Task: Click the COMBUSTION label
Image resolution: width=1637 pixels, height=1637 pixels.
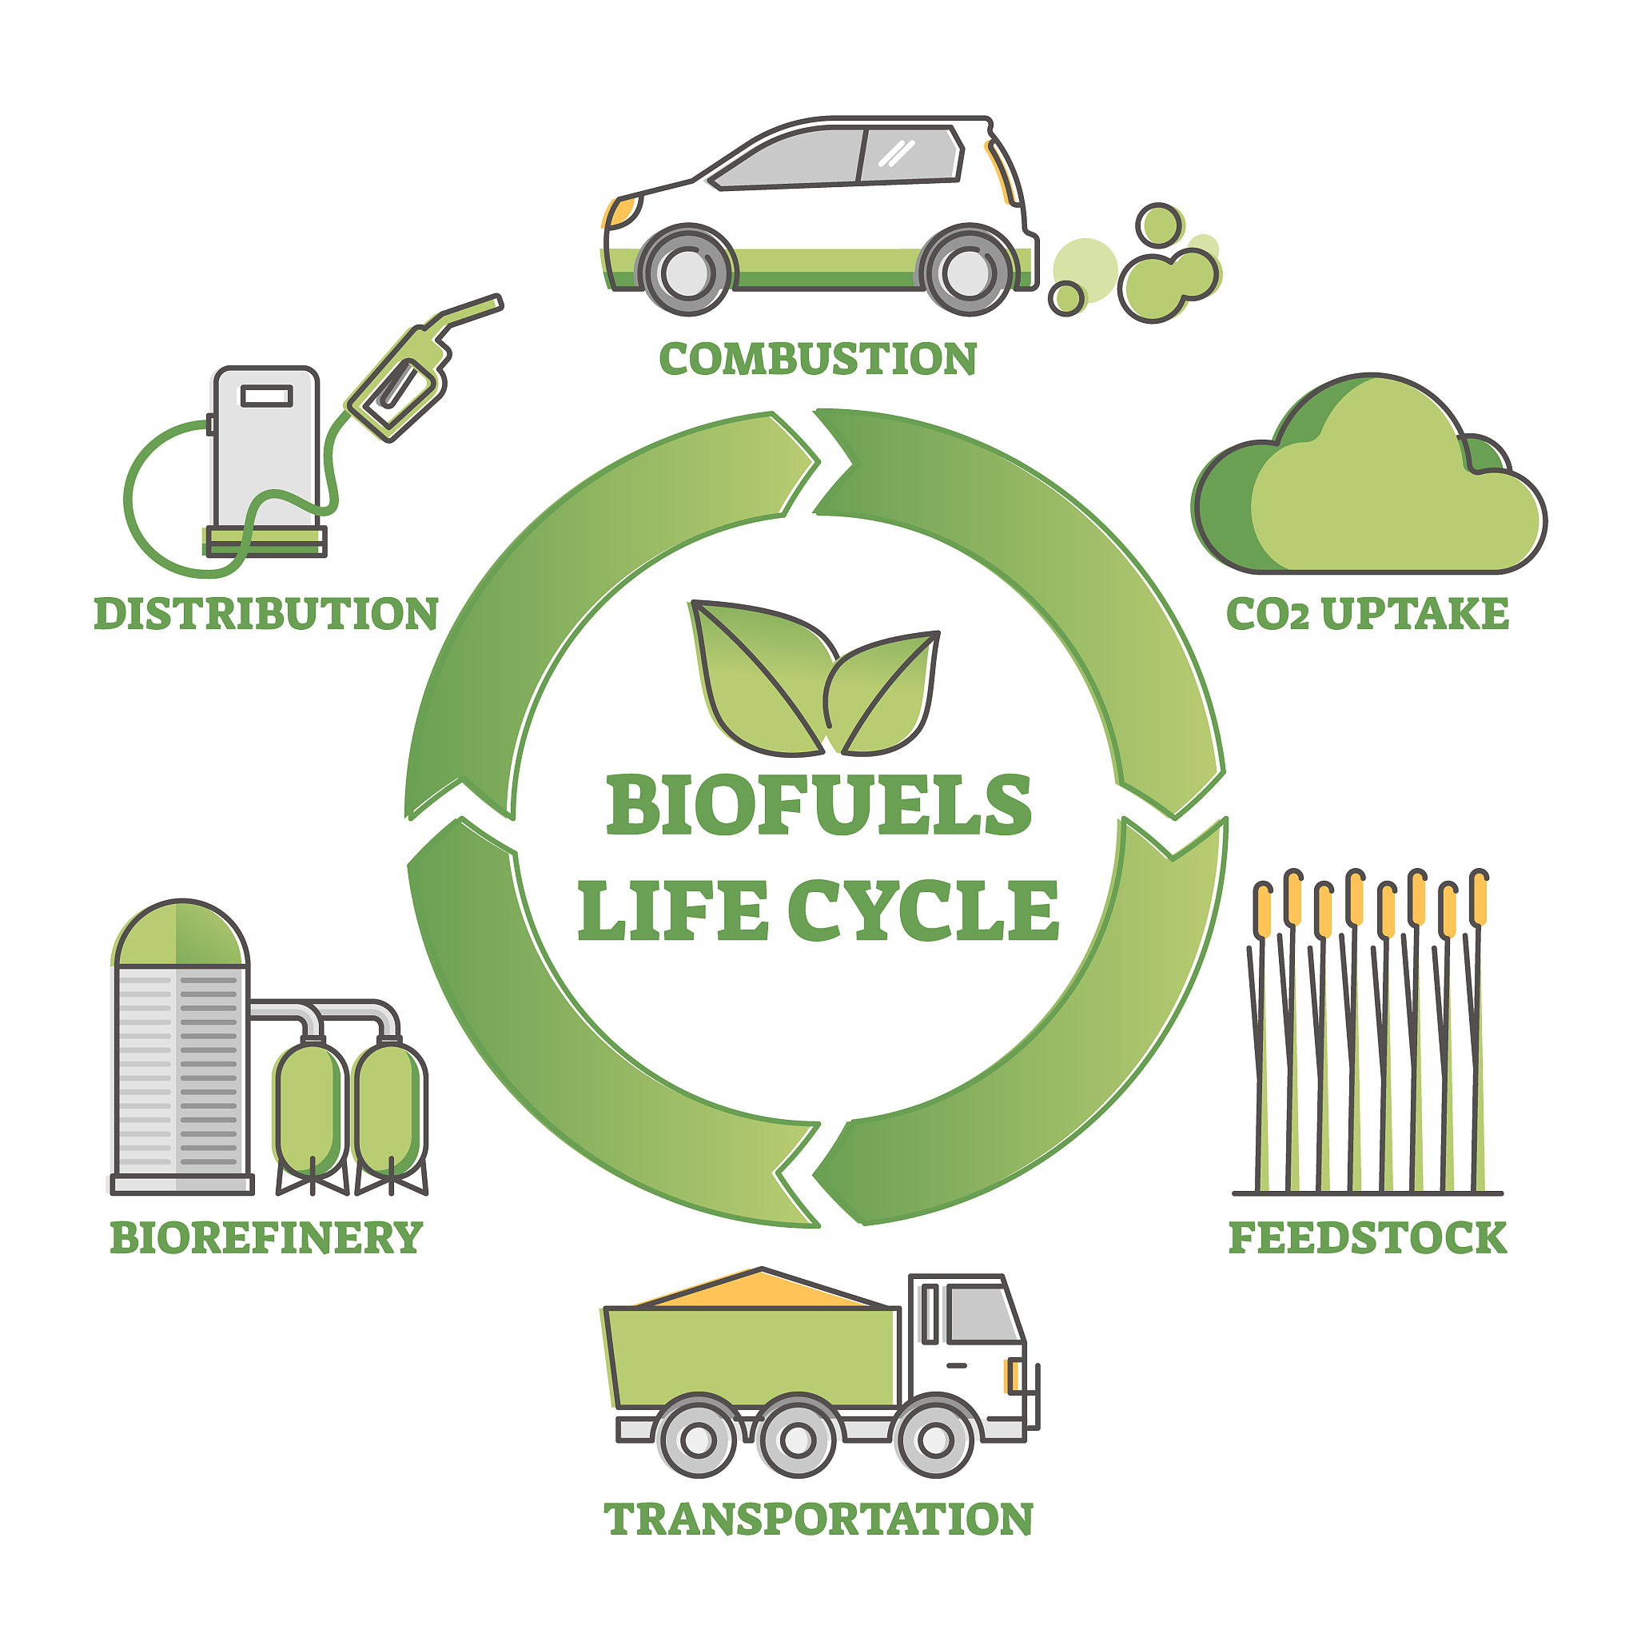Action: (818, 358)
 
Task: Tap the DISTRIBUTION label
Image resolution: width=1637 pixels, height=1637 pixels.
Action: (266, 613)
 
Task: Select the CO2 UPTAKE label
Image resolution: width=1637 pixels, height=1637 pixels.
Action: (1368, 613)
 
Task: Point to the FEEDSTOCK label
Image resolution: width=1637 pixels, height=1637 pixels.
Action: (1368, 1238)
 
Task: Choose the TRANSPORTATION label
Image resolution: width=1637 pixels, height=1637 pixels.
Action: (818, 1519)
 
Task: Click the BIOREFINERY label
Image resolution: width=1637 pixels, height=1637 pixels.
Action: (266, 1238)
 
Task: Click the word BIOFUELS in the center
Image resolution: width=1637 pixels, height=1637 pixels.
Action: (818, 804)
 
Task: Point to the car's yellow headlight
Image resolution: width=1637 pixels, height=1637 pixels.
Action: (620, 211)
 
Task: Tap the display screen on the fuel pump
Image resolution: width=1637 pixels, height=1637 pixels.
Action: (267, 396)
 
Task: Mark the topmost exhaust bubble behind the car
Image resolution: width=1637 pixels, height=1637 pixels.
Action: (1159, 225)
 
